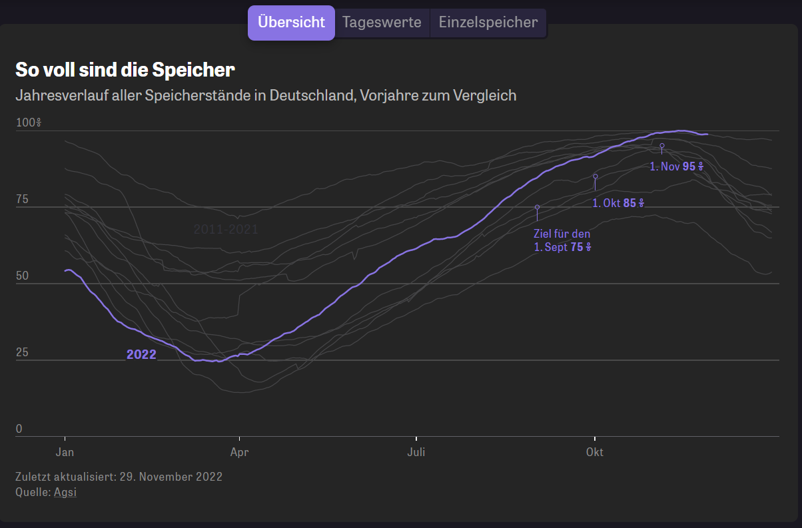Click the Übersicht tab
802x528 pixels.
(x=291, y=23)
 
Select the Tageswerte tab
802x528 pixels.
(x=382, y=23)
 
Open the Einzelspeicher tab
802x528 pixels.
(x=488, y=23)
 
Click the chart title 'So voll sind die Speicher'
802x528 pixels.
(x=125, y=70)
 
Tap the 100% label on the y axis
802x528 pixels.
(x=29, y=123)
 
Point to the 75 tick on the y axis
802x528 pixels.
(x=22, y=199)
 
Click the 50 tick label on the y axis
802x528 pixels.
(x=22, y=276)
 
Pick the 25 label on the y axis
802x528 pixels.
(x=22, y=352)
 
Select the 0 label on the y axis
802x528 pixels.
(x=19, y=429)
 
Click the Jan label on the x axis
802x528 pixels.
(x=65, y=453)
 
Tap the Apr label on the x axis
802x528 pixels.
(x=239, y=453)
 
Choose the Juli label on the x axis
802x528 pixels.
(x=416, y=453)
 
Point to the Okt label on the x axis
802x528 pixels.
(x=594, y=453)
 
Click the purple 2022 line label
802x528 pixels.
(x=141, y=355)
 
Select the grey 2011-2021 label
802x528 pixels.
(x=226, y=230)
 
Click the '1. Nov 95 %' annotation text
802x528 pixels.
(x=677, y=166)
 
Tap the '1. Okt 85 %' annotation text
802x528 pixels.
(x=619, y=203)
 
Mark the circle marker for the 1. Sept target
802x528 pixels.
(x=537, y=207)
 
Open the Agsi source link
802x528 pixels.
(x=65, y=493)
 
